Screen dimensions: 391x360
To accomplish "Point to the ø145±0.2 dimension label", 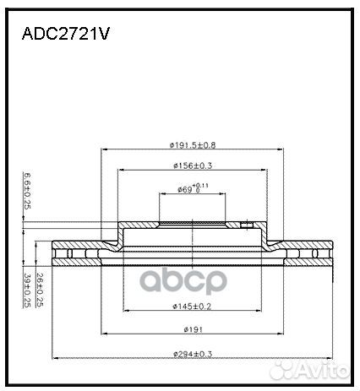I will point(194,305).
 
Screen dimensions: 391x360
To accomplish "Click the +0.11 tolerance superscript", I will point(200,185).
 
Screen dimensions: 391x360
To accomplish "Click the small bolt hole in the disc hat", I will point(246,225).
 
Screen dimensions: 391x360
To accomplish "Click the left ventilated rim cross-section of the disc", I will point(76,253).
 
